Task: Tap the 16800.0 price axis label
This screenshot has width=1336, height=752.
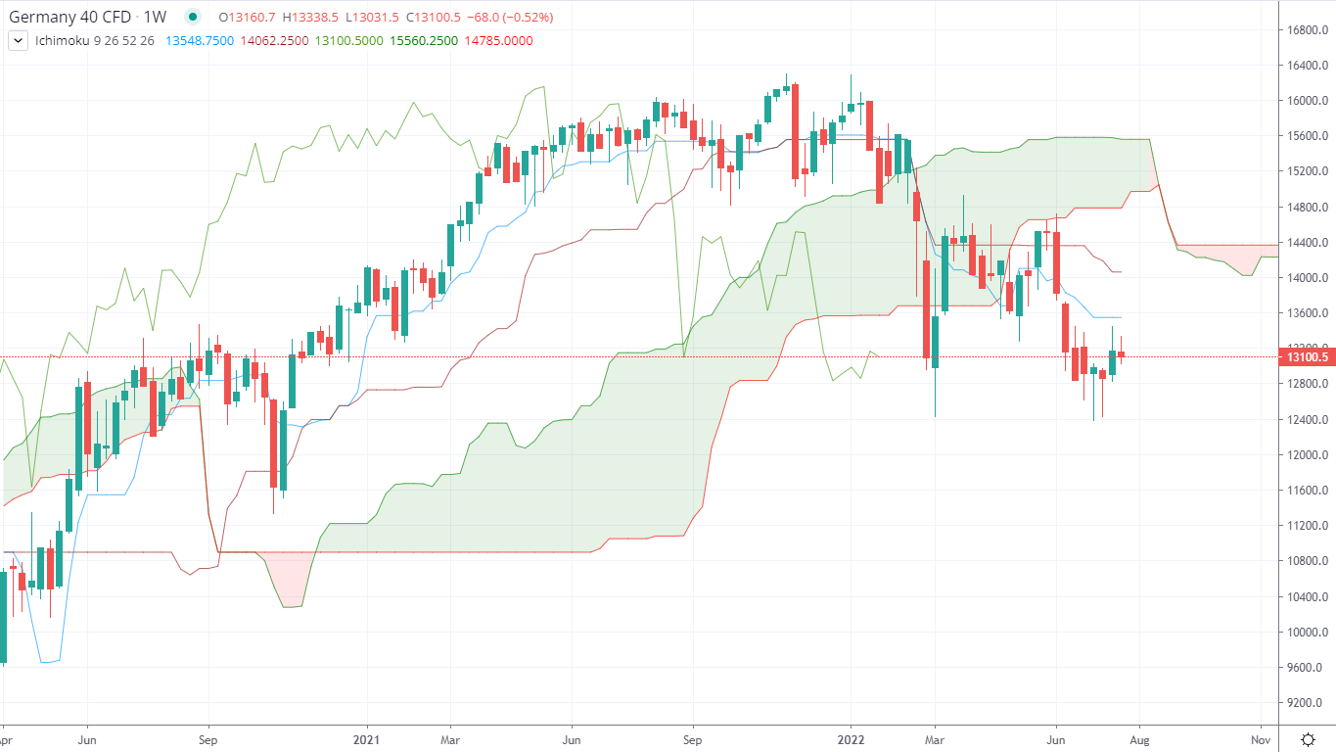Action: pos(1307,29)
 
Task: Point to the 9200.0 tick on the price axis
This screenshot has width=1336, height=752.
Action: pos(1307,703)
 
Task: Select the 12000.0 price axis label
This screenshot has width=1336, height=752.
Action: pos(1307,455)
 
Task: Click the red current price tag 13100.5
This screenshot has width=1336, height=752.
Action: pos(1307,357)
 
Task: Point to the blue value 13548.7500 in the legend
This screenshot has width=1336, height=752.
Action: pos(200,41)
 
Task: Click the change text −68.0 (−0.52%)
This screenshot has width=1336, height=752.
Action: pos(510,17)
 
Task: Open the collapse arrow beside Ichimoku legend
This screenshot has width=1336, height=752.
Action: pos(18,41)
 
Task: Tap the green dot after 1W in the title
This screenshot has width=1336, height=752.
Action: pos(193,17)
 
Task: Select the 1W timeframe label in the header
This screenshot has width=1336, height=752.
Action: pos(155,17)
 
